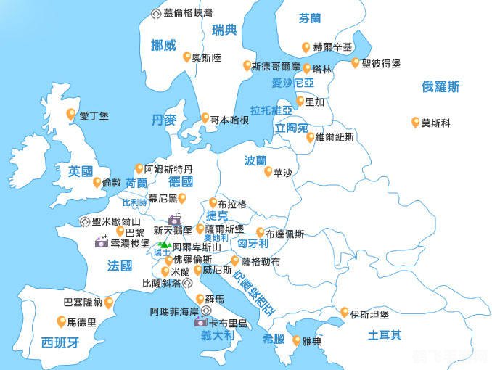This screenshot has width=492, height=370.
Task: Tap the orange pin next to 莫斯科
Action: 415,122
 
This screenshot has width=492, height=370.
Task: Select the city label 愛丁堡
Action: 94,115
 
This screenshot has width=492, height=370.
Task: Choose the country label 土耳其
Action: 385,335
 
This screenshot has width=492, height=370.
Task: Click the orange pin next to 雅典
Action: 297,340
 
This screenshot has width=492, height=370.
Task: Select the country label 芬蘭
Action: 315,20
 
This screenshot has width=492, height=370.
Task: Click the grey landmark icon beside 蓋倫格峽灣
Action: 155,14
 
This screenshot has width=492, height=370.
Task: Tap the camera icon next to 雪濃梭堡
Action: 102,243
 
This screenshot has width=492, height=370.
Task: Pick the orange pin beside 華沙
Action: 268,171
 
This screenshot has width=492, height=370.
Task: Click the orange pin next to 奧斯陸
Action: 187,56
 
